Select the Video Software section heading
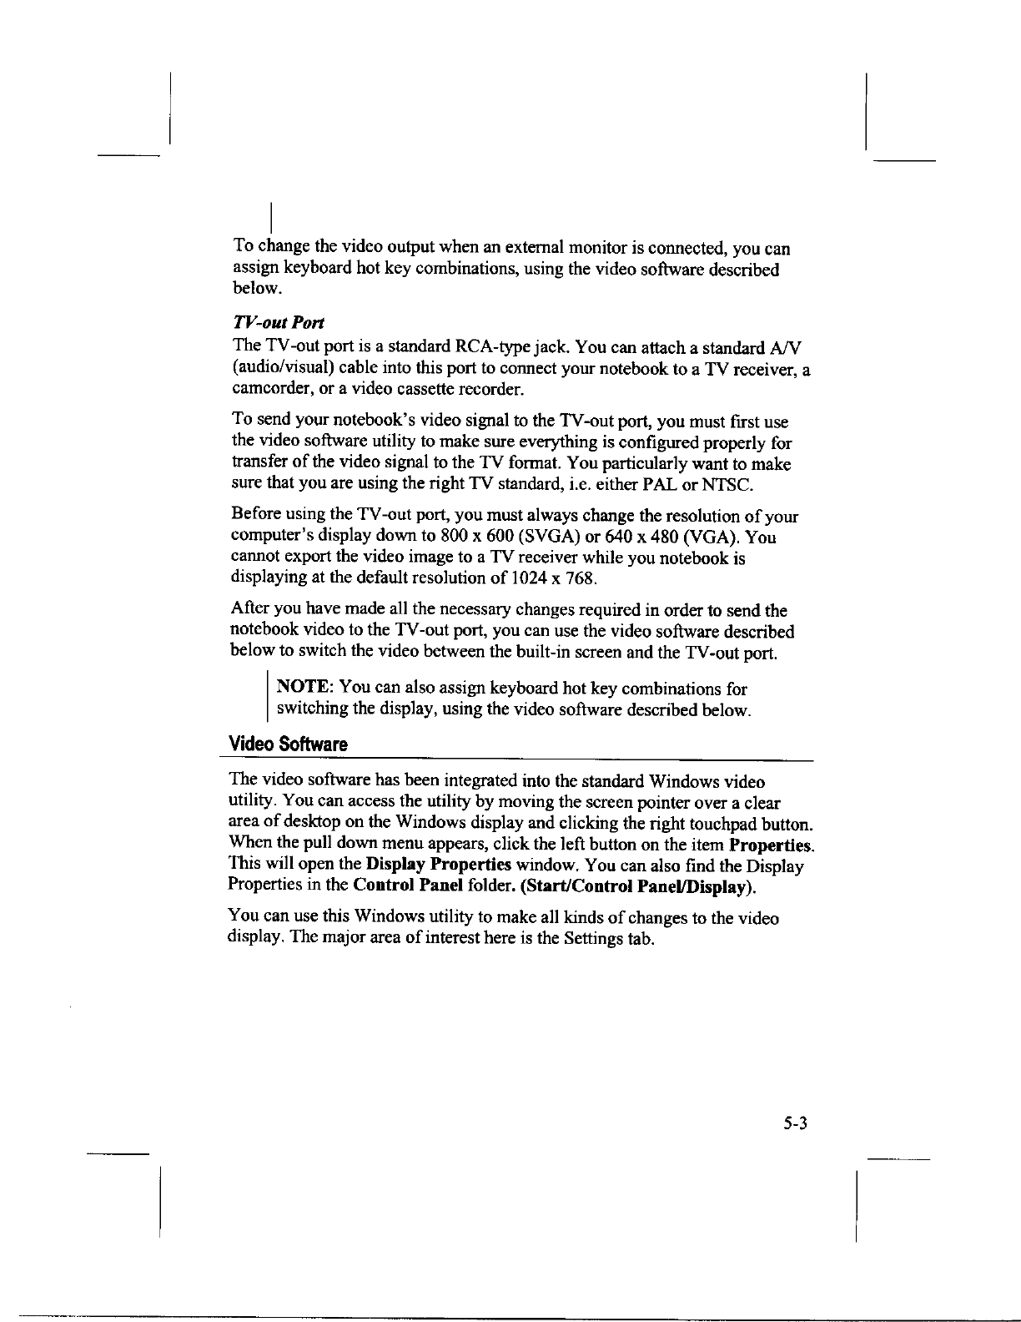coord(288,744)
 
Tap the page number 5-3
coord(796,1123)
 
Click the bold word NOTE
coord(304,689)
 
